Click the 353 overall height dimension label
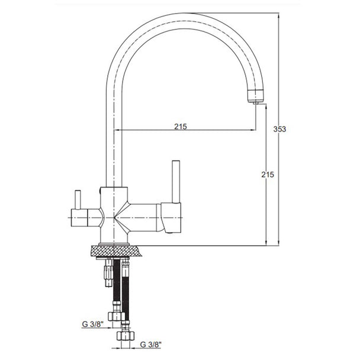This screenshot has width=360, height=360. tap(279, 129)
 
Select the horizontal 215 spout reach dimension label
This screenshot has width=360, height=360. tap(181, 127)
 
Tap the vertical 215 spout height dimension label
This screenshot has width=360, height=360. tap(268, 175)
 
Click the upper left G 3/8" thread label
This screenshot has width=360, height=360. tap(93, 324)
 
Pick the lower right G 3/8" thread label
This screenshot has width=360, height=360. tap(151, 345)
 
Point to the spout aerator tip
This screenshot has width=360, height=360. tap(256, 102)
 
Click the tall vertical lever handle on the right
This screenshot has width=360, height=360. tap(176, 182)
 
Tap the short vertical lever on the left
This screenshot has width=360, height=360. tap(78, 200)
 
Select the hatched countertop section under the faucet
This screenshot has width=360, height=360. tap(117, 251)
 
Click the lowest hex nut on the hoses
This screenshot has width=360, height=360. tap(126, 336)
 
